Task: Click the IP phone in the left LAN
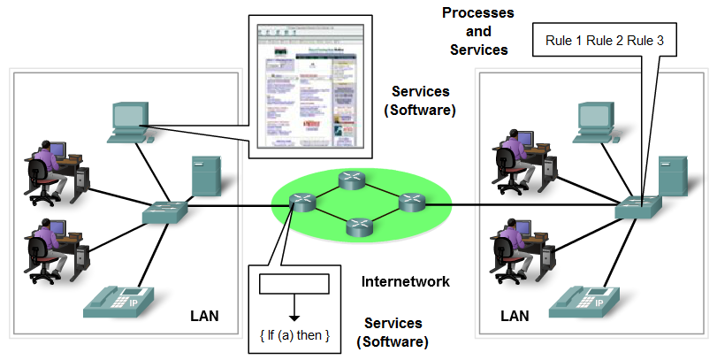tap(118, 301)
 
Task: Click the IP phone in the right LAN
tap(585, 302)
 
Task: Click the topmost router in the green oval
tap(352, 179)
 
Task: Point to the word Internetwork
tap(406, 282)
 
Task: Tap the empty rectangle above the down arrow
tap(294, 284)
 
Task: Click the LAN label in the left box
tap(205, 316)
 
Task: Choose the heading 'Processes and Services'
tap(478, 31)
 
